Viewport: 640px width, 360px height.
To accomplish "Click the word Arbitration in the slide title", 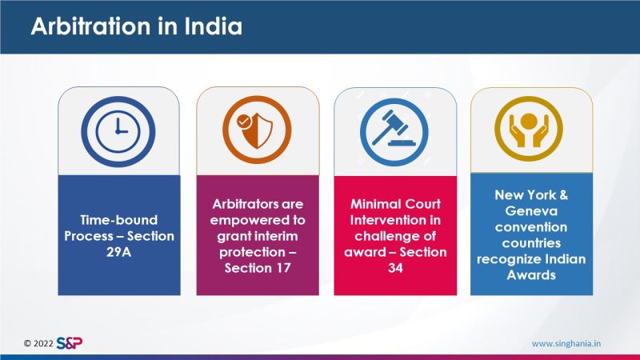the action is (90, 26).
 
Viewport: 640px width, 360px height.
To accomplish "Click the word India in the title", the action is (213, 26).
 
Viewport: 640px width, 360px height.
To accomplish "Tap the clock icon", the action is (118, 131).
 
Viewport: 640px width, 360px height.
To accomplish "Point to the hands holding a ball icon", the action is (529, 129).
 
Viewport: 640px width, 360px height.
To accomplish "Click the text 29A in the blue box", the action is (118, 252).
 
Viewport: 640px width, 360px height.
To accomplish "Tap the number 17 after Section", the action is (282, 268).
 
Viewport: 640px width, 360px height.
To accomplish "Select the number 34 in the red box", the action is (395, 268).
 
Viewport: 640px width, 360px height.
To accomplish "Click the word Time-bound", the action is (118, 220).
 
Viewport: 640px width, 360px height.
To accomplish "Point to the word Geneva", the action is (531, 211).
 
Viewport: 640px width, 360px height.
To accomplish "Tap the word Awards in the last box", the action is (531, 274).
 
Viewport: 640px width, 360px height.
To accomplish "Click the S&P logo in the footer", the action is (70, 343).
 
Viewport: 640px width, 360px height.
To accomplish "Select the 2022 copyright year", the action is (43, 343).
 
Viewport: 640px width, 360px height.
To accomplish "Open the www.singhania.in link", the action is (566, 344).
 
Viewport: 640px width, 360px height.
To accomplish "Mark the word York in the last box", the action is (538, 195).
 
